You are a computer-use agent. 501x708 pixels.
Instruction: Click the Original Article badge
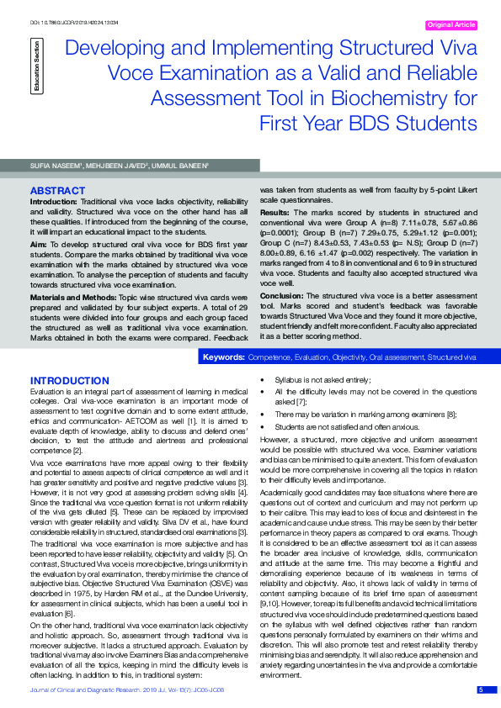pos(451,25)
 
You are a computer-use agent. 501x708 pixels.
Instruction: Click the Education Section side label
pos(35,64)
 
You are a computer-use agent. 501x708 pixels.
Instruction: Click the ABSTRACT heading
pos(57,192)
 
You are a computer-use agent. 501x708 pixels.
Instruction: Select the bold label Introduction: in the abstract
pos(55,203)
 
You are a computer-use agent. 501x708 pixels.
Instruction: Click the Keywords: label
pos(224,357)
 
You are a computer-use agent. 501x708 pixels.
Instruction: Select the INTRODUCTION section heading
pos(69,381)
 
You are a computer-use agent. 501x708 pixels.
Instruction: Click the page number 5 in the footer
pos(481,690)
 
